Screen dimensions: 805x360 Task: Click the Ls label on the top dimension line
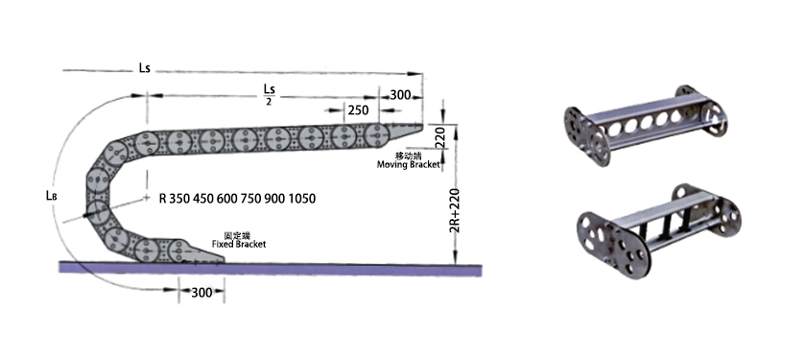[x=144, y=68]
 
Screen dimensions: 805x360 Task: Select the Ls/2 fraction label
[x=269, y=94]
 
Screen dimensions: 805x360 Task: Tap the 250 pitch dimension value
[x=358, y=109]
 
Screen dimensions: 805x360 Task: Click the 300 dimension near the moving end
[x=400, y=95]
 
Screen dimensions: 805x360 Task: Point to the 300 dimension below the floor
[x=201, y=292]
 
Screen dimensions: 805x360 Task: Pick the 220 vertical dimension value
[x=440, y=137]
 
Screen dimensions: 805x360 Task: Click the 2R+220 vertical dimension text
[x=455, y=210]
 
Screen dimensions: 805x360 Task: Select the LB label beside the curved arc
[x=51, y=195]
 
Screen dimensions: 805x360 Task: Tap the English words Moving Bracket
[x=409, y=164]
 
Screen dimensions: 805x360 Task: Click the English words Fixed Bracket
[x=239, y=245]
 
